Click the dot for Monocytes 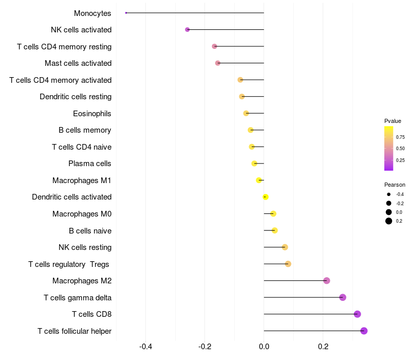(126, 13)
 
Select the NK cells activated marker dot (188, 30)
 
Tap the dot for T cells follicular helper (364, 331)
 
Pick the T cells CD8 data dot (358, 314)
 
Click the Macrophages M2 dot (327, 281)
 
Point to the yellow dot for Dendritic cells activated (266, 197)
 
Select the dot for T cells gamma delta (343, 297)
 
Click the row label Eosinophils (92, 113)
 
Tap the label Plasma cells (90, 164)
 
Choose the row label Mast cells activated (78, 63)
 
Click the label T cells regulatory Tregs (69, 264)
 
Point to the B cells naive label (90, 230)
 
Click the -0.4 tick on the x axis (146, 347)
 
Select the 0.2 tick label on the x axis (323, 347)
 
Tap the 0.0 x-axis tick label (264, 347)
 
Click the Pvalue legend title (393, 121)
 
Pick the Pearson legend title (395, 185)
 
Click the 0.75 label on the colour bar (400, 137)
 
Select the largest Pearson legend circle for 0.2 (389, 221)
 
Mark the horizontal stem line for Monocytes (195, 13)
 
